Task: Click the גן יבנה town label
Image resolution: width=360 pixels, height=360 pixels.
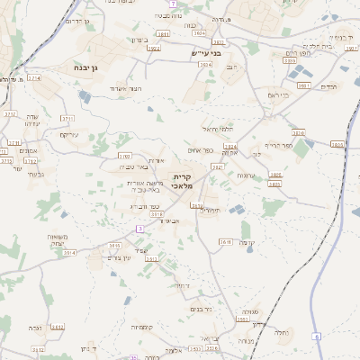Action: pyautogui.click(x=94, y=67)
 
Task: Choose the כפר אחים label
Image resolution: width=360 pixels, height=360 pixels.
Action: pyautogui.click(x=201, y=149)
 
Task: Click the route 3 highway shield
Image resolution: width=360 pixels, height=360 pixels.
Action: pyautogui.click(x=139, y=229)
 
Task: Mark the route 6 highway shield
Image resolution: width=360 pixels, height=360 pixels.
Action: pyautogui.click(x=317, y=336)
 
